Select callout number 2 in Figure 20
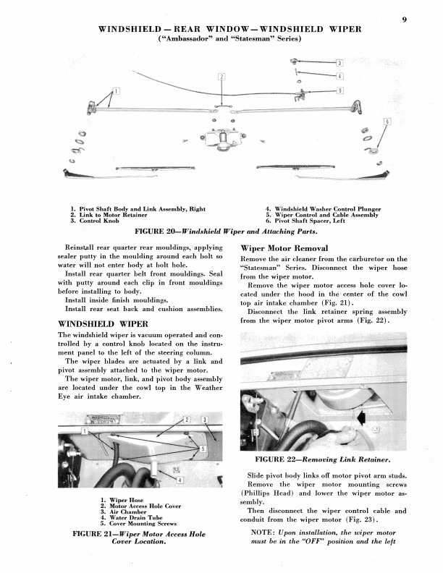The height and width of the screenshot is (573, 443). click(x=220, y=77)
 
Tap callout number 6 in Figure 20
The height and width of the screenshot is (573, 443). click(x=387, y=122)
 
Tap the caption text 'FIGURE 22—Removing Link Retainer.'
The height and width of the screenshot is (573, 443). click(x=323, y=459)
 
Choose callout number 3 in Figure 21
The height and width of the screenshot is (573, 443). click(x=204, y=420)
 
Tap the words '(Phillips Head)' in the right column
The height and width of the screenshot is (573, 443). click(x=266, y=493)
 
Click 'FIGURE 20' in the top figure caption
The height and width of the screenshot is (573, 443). click(x=158, y=232)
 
